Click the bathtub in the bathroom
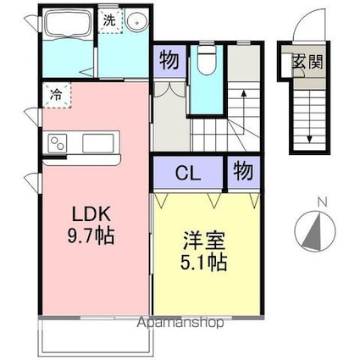(68, 25)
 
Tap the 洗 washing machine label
(109, 20)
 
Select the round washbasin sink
(136, 21)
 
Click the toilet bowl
(207, 60)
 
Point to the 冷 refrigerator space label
(56, 95)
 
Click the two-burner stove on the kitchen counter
(58, 143)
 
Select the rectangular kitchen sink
(98, 143)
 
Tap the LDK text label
(91, 214)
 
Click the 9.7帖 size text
(91, 236)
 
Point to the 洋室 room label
(204, 241)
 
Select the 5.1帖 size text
(204, 263)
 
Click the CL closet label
(188, 173)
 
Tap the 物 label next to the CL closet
(243, 171)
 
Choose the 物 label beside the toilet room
(169, 60)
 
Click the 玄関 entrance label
(307, 61)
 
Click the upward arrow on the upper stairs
(243, 111)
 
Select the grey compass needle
(313, 232)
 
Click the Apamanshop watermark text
(180, 322)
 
